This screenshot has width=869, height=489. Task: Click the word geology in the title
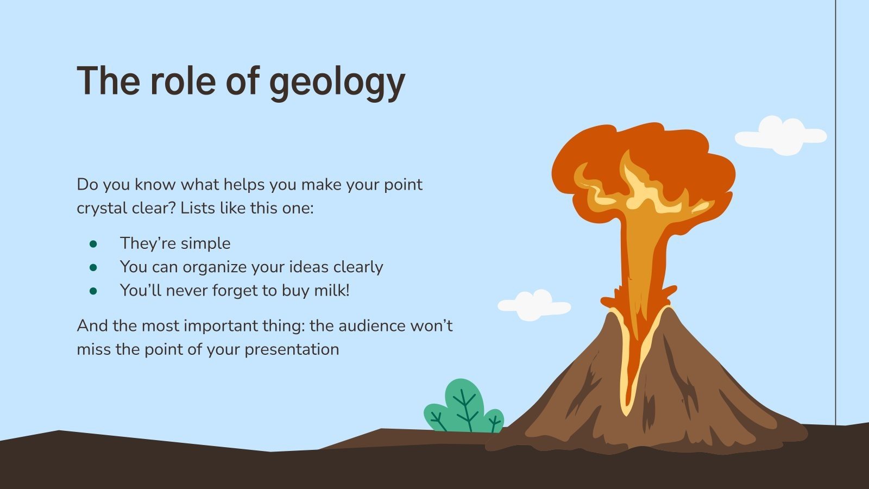[x=337, y=83]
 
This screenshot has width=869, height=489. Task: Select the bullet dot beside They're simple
[x=93, y=244]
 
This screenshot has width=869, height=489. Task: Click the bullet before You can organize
[x=93, y=267]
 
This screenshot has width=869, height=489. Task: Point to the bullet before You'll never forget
[x=93, y=291]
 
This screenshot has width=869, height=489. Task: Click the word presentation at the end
[x=292, y=349]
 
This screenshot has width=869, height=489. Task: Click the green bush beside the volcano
[x=463, y=407]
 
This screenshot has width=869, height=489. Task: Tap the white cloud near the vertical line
[x=780, y=136]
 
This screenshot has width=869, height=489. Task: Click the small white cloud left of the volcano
[x=534, y=306]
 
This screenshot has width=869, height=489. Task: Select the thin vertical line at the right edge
[x=835, y=217]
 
